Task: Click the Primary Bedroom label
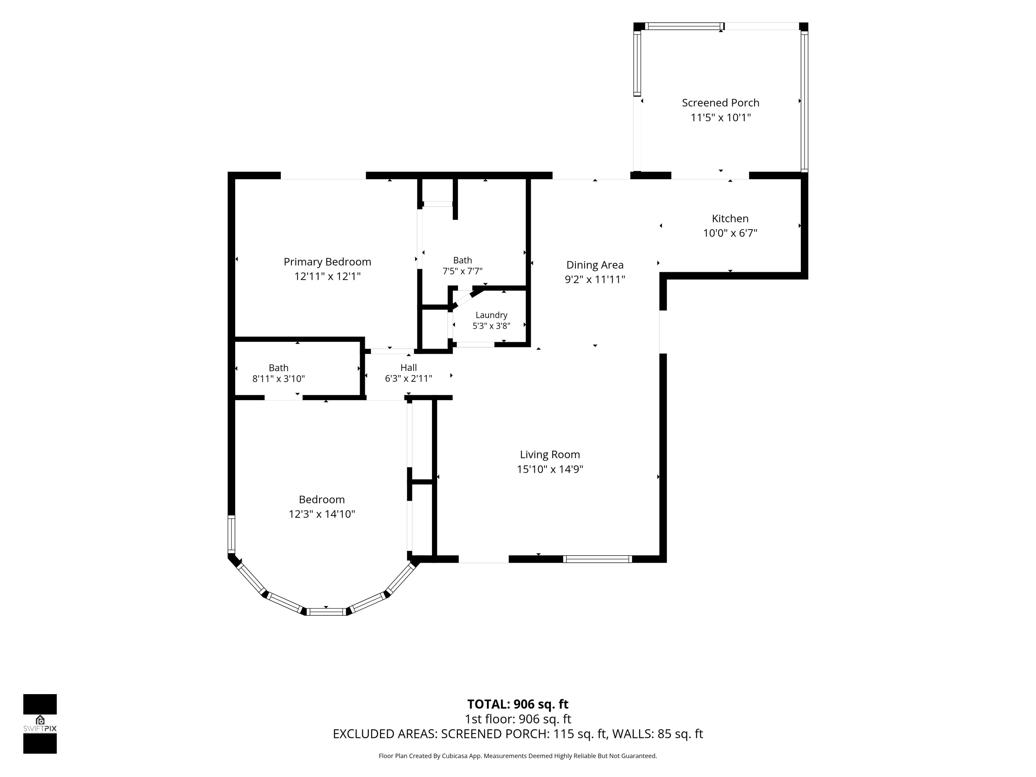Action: coord(327,262)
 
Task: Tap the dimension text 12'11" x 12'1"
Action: coord(327,276)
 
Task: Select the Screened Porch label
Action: coord(720,103)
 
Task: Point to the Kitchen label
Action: coord(730,218)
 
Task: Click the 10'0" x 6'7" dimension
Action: coord(730,233)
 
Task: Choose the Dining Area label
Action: coord(595,265)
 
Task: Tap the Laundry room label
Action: coord(491,315)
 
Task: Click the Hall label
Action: coord(409,368)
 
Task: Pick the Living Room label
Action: coord(550,454)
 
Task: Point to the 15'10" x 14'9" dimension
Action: coord(550,469)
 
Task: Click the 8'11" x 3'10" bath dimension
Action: coord(279,378)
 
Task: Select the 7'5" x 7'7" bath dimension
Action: coord(462,271)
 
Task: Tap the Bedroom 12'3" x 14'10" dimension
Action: coord(322,514)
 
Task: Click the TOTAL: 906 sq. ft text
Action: coord(518,704)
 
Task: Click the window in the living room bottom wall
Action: coord(597,559)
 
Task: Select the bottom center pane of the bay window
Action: coord(326,611)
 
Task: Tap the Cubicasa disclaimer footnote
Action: coord(518,756)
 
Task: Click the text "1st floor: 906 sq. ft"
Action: coord(518,719)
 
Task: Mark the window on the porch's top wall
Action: coord(684,26)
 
